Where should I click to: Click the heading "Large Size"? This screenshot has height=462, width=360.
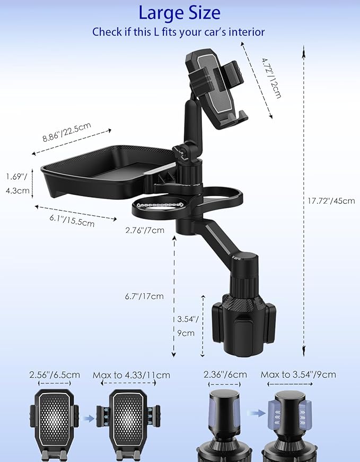179,12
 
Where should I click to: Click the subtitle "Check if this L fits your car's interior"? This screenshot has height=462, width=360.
179,32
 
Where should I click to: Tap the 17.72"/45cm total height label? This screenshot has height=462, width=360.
331,201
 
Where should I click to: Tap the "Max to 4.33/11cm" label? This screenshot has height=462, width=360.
131,374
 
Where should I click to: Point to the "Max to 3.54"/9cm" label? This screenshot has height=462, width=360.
298,374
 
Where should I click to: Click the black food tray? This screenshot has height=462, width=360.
101,169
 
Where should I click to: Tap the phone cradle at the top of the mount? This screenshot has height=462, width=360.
214,88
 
